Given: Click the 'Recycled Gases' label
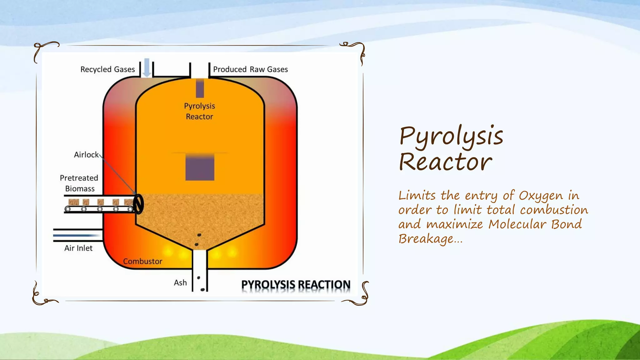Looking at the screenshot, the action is point(107,69).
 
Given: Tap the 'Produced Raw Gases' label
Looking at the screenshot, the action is point(250,69).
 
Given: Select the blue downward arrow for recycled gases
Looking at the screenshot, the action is point(147,67).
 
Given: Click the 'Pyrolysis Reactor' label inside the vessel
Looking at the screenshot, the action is point(199,111).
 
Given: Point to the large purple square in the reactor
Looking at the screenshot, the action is point(200,167).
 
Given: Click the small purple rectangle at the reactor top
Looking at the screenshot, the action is point(200,88).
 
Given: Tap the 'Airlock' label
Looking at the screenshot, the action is point(86,155).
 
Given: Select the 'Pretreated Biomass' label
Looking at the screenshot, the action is point(79,183).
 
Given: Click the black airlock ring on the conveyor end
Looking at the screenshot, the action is point(138,204).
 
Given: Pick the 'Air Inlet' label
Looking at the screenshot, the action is point(78,248).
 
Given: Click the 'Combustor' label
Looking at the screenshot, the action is point(142,261).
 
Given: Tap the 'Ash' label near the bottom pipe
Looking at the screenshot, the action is point(180,283).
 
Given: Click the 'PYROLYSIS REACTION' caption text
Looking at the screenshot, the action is point(296,285).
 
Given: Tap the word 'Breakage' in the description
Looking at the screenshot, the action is point(425,239).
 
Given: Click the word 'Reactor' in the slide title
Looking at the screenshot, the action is point(445,162).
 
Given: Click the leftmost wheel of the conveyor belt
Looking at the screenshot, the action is point(67,209).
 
